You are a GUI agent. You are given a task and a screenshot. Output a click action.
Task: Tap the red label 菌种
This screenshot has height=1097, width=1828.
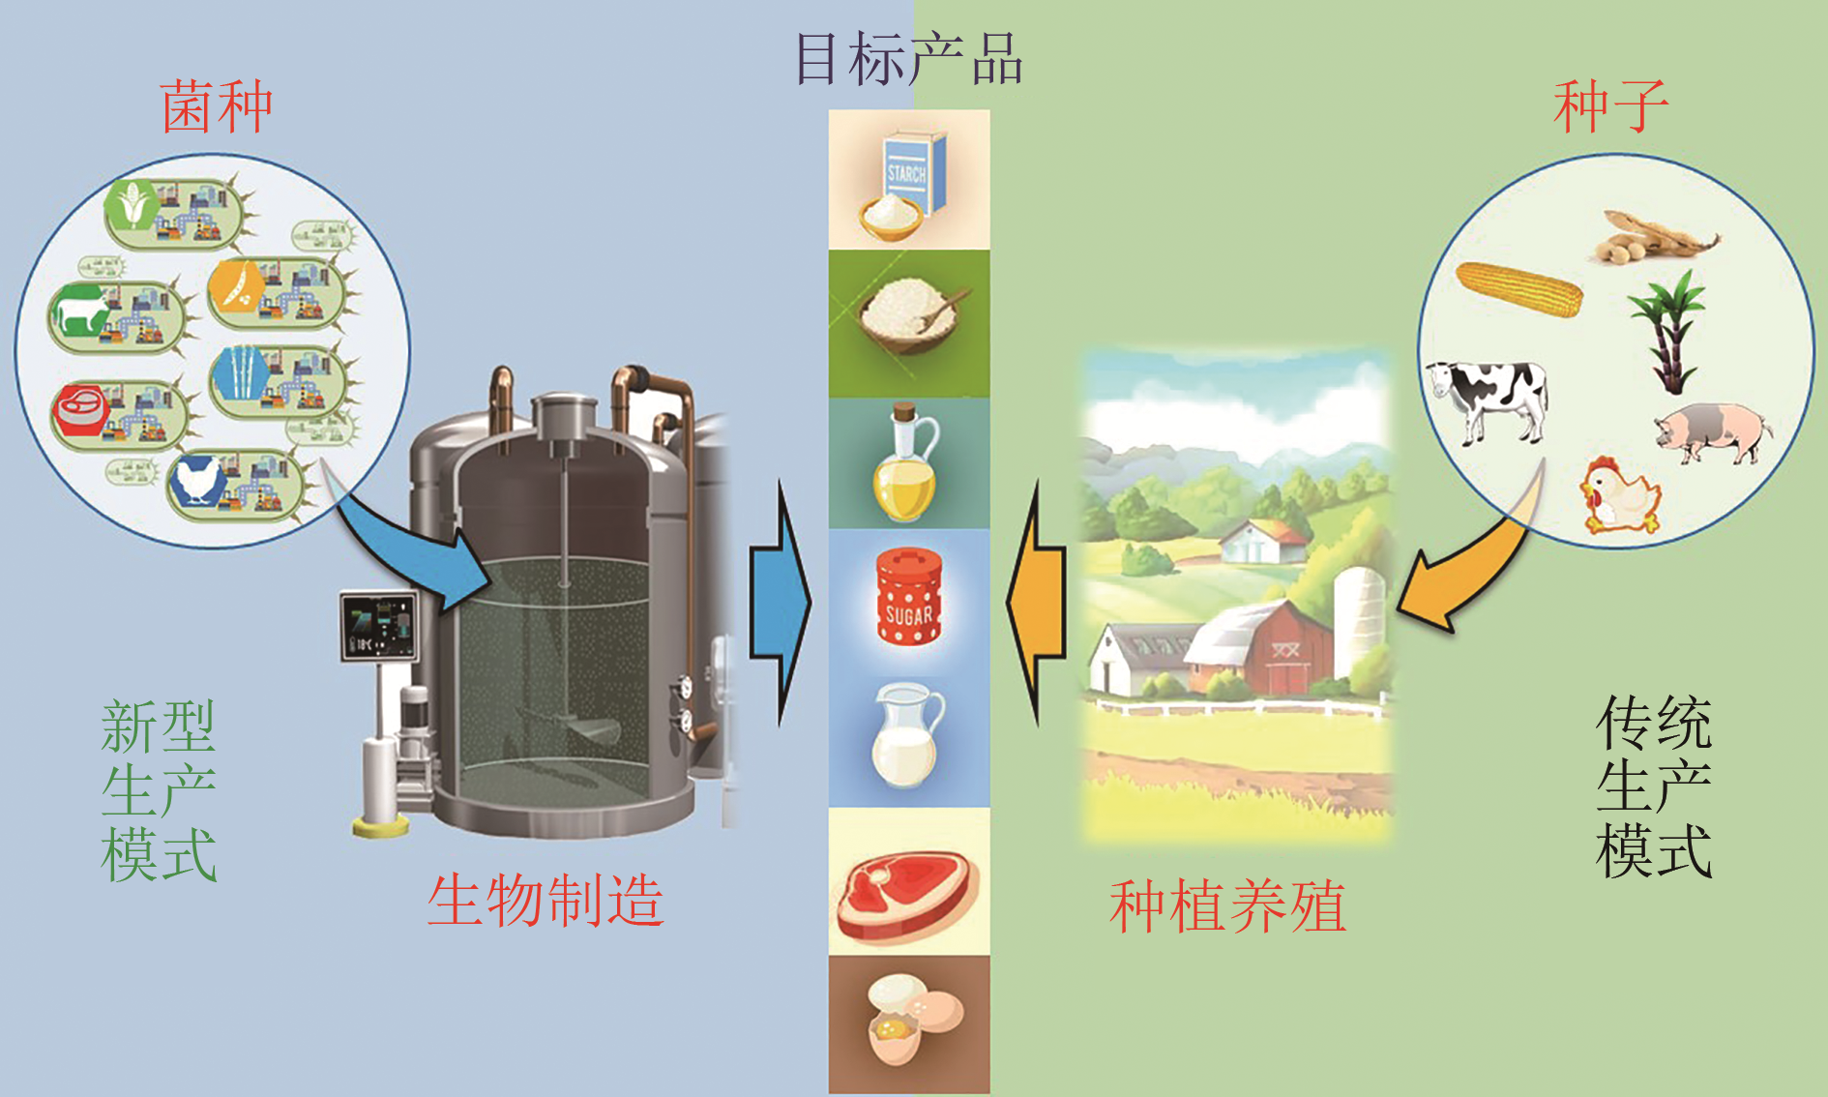[217, 106]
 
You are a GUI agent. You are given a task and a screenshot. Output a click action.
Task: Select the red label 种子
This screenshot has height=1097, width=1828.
[1610, 105]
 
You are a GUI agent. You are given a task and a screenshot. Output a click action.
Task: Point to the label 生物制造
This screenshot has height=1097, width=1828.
[545, 901]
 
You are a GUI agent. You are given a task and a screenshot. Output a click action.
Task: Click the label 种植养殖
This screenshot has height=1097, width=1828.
[1227, 906]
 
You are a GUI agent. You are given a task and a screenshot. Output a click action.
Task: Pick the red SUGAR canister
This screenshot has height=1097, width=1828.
[908, 597]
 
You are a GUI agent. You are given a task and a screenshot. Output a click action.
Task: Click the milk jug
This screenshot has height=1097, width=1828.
[907, 735]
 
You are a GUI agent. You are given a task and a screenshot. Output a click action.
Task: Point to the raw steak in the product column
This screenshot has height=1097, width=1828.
[907, 896]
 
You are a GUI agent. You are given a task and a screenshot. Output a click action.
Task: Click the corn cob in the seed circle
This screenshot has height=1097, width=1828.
[1518, 289]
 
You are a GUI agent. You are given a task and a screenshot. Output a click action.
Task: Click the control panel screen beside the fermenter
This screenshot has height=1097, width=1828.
[378, 627]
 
